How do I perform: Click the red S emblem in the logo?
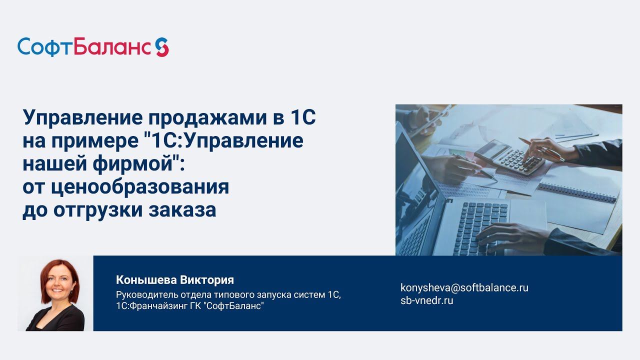(x=161, y=47)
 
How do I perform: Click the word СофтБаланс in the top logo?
(x=84, y=47)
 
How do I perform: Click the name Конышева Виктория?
(x=175, y=280)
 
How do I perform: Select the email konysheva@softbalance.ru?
(x=464, y=287)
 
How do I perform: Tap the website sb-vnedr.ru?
(x=426, y=300)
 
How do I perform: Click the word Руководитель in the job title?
(x=145, y=295)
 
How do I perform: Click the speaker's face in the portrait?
(x=56, y=282)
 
